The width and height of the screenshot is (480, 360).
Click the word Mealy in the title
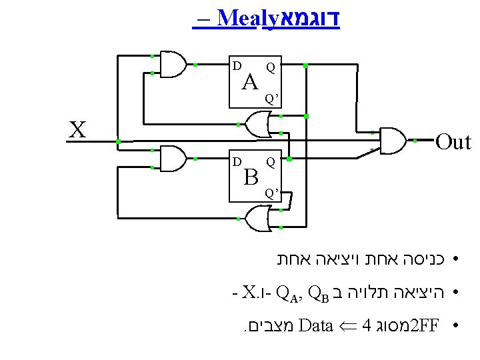[237, 18]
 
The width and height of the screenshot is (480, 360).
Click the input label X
[78, 129]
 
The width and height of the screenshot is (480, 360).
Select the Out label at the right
[453, 141]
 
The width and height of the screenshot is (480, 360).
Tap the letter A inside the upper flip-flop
[250, 83]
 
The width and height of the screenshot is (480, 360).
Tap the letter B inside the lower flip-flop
[251, 177]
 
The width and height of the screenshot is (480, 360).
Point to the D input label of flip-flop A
[236, 65]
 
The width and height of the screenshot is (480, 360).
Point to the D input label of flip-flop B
[236, 161]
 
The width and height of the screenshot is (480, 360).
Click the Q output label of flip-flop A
[270, 67]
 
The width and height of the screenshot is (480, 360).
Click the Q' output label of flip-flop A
[271, 99]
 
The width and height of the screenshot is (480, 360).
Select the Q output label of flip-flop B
[270, 161]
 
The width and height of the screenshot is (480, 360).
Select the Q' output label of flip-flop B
[271, 193]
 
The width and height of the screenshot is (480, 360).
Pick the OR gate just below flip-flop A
[257, 124]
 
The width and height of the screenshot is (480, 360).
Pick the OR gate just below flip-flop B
[257, 219]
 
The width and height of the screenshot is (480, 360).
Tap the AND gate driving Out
[392, 141]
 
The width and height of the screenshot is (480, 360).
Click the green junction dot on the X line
[117, 142]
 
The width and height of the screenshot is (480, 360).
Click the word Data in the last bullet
[316, 326]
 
